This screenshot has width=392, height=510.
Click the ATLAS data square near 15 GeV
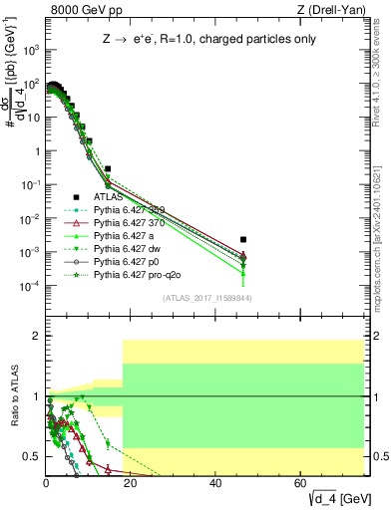109,169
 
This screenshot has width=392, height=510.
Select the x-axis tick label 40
216,482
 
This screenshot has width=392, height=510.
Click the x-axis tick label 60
301,482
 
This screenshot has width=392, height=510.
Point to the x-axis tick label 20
131,482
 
